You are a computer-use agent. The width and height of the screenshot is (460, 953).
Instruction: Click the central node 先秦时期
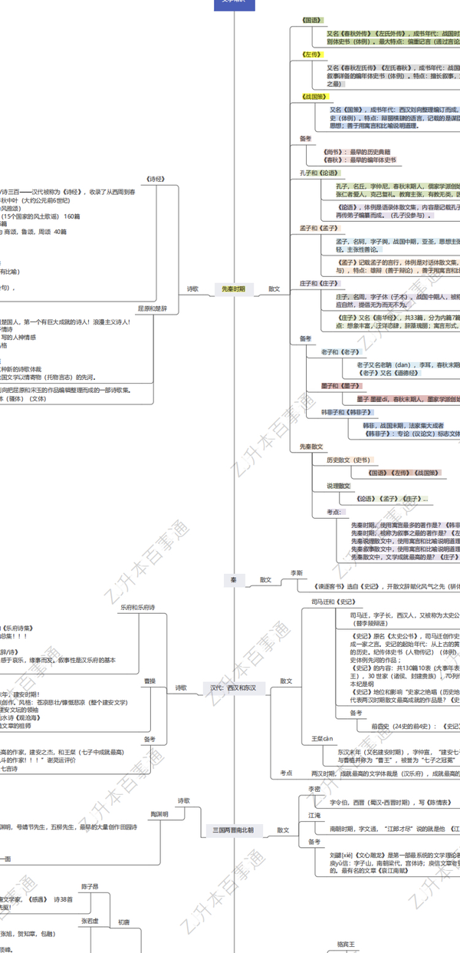pyautogui.click(x=233, y=289)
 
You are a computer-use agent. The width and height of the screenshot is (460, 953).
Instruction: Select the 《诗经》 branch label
pyautogui.click(x=156, y=179)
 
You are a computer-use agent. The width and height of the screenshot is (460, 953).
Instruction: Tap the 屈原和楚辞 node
pyautogui.click(x=152, y=308)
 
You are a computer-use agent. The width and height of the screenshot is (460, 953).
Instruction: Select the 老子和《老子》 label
pyautogui.click(x=338, y=352)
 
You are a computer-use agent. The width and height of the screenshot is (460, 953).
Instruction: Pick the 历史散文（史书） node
pyautogui.click(x=348, y=460)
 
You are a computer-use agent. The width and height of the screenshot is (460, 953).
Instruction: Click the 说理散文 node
pyautogui.click(x=338, y=486)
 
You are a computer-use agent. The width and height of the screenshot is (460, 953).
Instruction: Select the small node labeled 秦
pyautogui.click(x=233, y=580)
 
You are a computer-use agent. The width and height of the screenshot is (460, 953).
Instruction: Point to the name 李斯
pyautogui.click(x=296, y=573)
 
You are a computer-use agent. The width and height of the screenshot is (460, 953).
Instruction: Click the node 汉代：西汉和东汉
pyautogui.click(x=234, y=688)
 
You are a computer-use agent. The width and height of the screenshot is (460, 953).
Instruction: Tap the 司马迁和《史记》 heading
pyautogui.click(x=333, y=602)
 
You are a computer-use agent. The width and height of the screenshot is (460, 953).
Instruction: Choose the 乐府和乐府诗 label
pyautogui.click(x=138, y=607)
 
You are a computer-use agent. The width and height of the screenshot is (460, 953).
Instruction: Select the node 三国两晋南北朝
pyautogui.click(x=233, y=830)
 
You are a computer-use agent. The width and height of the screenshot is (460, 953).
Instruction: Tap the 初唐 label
pyautogui.click(x=123, y=922)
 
